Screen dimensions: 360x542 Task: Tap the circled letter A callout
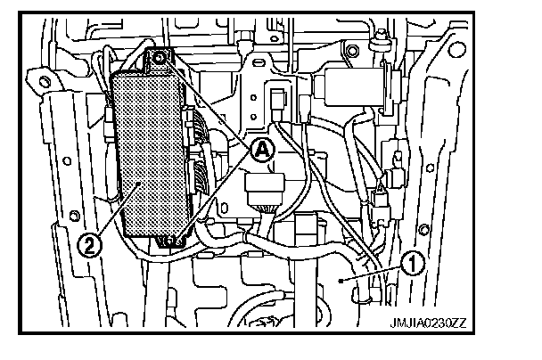coord(259,151)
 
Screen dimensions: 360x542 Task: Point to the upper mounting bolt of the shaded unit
coord(160,60)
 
